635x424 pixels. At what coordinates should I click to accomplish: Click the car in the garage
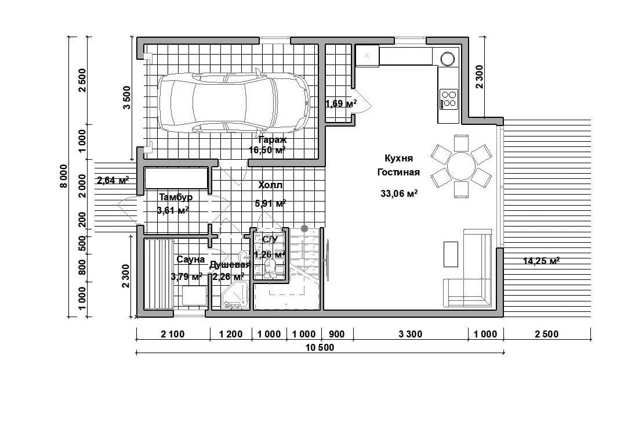pyautogui.click(x=234, y=102)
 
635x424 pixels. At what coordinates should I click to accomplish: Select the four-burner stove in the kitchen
pyautogui.click(x=448, y=99)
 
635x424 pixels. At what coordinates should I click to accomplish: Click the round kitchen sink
pyautogui.click(x=448, y=59)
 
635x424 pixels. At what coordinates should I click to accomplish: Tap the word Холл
pyautogui.click(x=270, y=185)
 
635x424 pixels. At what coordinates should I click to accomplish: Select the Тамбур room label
pyautogui.click(x=175, y=197)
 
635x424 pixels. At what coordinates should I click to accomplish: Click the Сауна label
pyautogui.click(x=190, y=260)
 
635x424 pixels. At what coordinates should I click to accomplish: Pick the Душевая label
pyautogui.click(x=230, y=265)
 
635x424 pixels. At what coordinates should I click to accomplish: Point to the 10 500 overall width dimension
pyautogui.click(x=320, y=348)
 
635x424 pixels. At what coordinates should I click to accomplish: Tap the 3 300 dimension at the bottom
pyautogui.click(x=411, y=334)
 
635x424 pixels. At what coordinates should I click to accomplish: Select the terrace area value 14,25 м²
pyautogui.click(x=541, y=261)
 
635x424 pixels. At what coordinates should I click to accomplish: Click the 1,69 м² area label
pyautogui.click(x=340, y=104)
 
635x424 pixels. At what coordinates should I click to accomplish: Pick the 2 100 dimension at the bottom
pyautogui.click(x=173, y=334)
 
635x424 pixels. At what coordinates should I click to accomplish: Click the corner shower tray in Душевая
pyautogui.click(x=235, y=296)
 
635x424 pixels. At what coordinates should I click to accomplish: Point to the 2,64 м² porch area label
pyautogui.click(x=113, y=181)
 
